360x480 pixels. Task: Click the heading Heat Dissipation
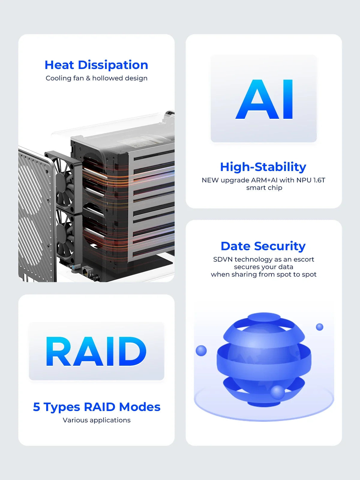pos(96,65)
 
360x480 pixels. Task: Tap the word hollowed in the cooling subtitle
pos(106,78)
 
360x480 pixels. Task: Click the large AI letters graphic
pos(264,99)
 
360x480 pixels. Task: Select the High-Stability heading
pos(263,167)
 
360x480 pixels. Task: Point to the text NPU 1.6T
pos(311,180)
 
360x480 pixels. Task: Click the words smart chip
pos(264,188)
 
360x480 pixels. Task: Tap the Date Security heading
pos(263,246)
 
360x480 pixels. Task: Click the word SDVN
pos(223,259)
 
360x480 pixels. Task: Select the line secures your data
pos(263,267)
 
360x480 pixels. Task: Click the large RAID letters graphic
pos(96,351)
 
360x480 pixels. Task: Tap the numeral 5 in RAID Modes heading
pos(36,407)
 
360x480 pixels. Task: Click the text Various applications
pos(97,420)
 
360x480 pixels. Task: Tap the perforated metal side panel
pos(34,216)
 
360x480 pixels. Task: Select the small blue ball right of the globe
pos(319,327)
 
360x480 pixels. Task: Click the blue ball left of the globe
pos(201,350)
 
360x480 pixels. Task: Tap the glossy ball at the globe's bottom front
pos(277,392)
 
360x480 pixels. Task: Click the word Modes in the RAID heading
pos(139,407)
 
